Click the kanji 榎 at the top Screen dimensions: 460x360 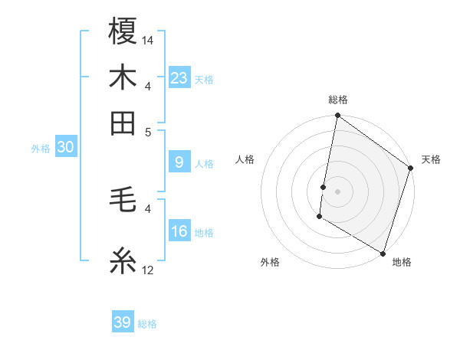coord(123,32)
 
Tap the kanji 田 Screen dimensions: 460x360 coord(123,123)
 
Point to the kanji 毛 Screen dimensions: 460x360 coord(123,201)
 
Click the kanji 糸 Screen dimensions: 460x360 coord(123,260)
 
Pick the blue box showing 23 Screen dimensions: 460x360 coord(179,77)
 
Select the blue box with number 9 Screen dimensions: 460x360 coord(179,162)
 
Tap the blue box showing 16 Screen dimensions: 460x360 coord(179,231)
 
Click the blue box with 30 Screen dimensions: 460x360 coord(65,148)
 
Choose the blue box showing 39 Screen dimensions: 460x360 coord(123,322)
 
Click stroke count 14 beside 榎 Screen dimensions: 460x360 coord(148,40)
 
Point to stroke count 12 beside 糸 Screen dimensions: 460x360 coord(148,270)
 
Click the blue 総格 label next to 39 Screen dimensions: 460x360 coord(148,324)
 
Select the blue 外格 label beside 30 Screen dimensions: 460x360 coord(41,149)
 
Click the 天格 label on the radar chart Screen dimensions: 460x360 coord(431,159)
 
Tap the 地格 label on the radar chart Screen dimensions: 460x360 coord(402,262)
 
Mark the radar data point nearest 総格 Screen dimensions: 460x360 coord(337,116)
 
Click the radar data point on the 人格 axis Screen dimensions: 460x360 coord(324,187)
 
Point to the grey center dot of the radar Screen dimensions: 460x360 coord(337,191)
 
